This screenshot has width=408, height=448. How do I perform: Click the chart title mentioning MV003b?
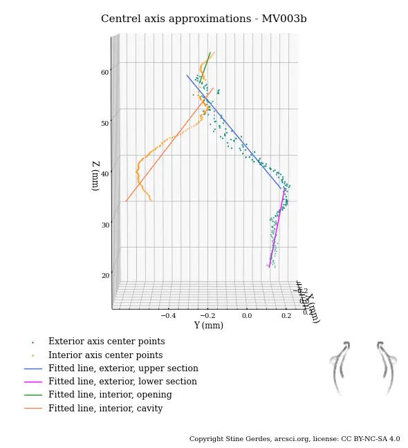(x=203, y=19)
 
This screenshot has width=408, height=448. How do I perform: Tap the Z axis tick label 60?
(x=104, y=72)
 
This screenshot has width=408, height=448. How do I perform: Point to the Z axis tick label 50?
(x=104, y=123)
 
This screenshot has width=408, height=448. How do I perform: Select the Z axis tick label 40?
(x=104, y=174)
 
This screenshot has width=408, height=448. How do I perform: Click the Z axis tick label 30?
(x=104, y=225)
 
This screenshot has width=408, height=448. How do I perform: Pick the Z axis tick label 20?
(x=104, y=275)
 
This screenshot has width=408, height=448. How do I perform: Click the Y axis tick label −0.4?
(x=168, y=315)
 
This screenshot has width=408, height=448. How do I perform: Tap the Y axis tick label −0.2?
(x=207, y=315)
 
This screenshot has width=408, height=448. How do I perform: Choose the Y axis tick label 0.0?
(x=247, y=315)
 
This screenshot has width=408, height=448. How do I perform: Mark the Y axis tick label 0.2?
(x=285, y=315)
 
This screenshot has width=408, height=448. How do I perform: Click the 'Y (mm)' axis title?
(x=208, y=326)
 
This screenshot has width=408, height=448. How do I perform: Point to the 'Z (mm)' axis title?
(x=95, y=176)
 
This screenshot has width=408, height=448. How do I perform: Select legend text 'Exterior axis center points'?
(x=106, y=342)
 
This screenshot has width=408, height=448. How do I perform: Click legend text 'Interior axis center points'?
(x=105, y=355)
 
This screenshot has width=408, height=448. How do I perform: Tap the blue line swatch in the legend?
(x=33, y=368)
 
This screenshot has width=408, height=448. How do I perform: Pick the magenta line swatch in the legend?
(x=33, y=382)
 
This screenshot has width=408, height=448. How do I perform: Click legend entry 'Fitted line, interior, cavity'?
(x=105, y=409)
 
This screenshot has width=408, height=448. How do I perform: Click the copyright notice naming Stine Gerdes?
(x=295, y=439)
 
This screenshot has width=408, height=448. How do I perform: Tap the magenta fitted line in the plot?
(x=276, y=228)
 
